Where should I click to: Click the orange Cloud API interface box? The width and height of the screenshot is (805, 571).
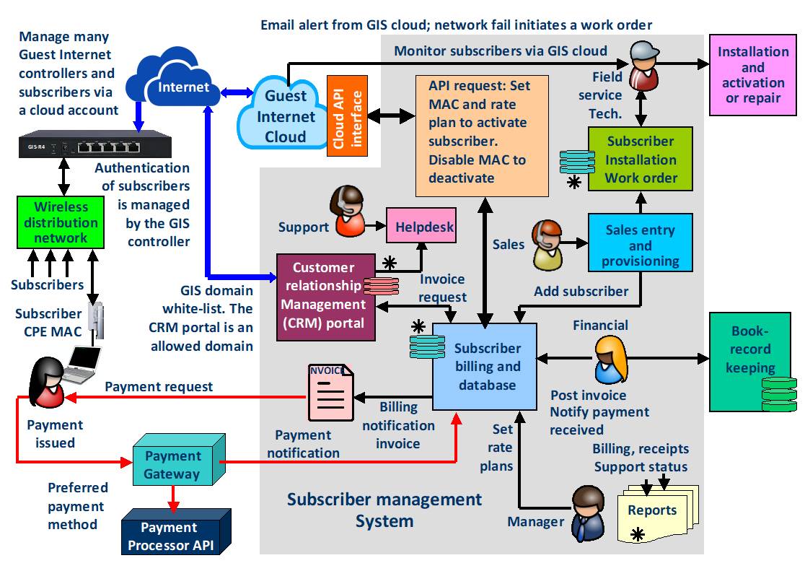348,115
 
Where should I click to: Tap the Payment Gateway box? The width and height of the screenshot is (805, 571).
172,466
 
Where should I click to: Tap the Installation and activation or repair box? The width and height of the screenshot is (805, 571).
752,75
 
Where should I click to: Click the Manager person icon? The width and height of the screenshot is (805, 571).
589,513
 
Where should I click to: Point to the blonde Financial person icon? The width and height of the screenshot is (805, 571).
610,359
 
